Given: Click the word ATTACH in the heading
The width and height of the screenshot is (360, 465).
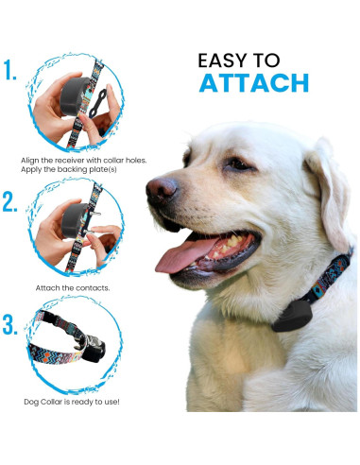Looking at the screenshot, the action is pyautogui.click(x=254, y=83).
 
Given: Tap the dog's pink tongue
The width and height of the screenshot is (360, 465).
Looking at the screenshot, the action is pyautogui.click(x=182, y=254).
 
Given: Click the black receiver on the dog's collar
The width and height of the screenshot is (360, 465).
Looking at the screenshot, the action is pyautogui.click(x=292, y=316).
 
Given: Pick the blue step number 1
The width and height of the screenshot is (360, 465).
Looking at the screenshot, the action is pyautogui.click(x=9, y=70).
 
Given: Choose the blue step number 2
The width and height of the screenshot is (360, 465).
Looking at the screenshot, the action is pyautogui.click(x=9, y=201).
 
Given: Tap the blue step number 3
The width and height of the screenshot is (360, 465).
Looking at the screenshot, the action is pyautogui.click(x=10, y=324).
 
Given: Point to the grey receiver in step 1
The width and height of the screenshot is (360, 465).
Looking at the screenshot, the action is pyautogui.click(x=74, y=96).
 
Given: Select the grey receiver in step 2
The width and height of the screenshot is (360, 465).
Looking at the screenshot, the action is pyautogui.click(x=75, y=220).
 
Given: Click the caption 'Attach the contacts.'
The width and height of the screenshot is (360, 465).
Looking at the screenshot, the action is pyautogui.click(x=73, y=288).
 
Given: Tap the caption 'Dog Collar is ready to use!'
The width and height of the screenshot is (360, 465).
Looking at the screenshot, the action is pyautogui.click(x=72, y=402).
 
